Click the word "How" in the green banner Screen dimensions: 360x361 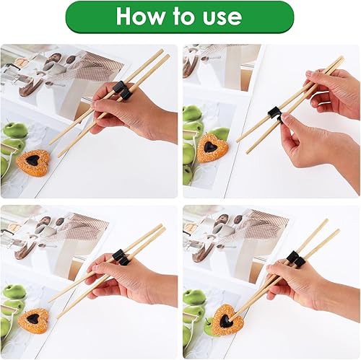pyautogui.click(x=142, y=17)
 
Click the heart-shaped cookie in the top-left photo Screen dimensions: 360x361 pyautogui.click(x=33, y=162)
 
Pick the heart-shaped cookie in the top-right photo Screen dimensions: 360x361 pyautogui.click(x=212, y=148)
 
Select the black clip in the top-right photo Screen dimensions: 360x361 pyautogui.click(x=274, y=113)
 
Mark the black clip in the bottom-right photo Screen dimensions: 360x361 pyautogui.click(x=294, y=258)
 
